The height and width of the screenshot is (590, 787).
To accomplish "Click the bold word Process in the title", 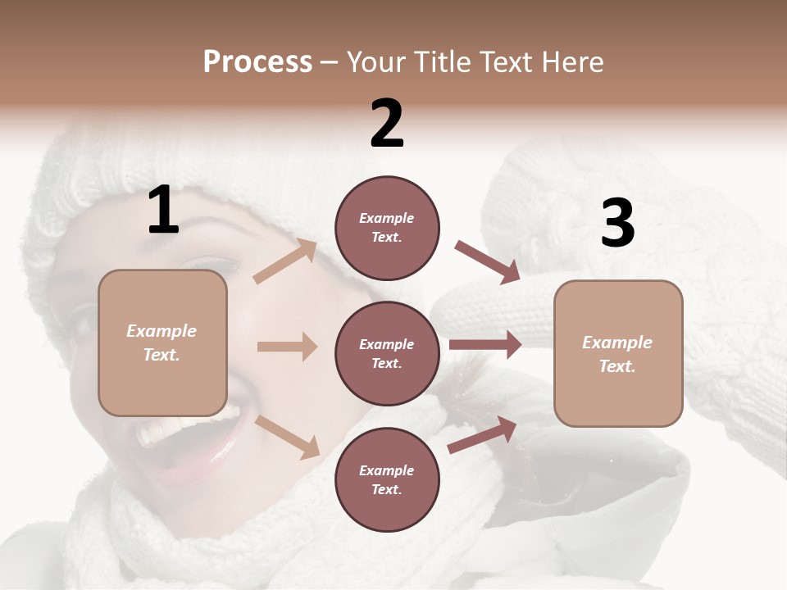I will [x=257, y=62].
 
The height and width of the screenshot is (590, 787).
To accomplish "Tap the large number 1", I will [x=163, y=211].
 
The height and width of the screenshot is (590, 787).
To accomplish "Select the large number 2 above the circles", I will [x=387, y=124].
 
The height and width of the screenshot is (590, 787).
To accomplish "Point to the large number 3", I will [x=617, y=224].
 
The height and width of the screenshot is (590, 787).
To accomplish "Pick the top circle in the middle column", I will [x=387, y=228].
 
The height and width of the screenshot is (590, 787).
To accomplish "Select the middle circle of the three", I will [x=387, y=353].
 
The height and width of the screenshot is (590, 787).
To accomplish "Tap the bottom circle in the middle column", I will [x=387, y=479].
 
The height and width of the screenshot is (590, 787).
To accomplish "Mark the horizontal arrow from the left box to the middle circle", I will [x=287, y=347].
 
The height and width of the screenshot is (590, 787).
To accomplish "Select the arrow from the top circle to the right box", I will [x=487, y=261].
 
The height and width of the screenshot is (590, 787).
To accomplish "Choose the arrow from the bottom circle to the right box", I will [x=483, y=434].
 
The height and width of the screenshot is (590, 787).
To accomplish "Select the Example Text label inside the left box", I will [x=161, y=343].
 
